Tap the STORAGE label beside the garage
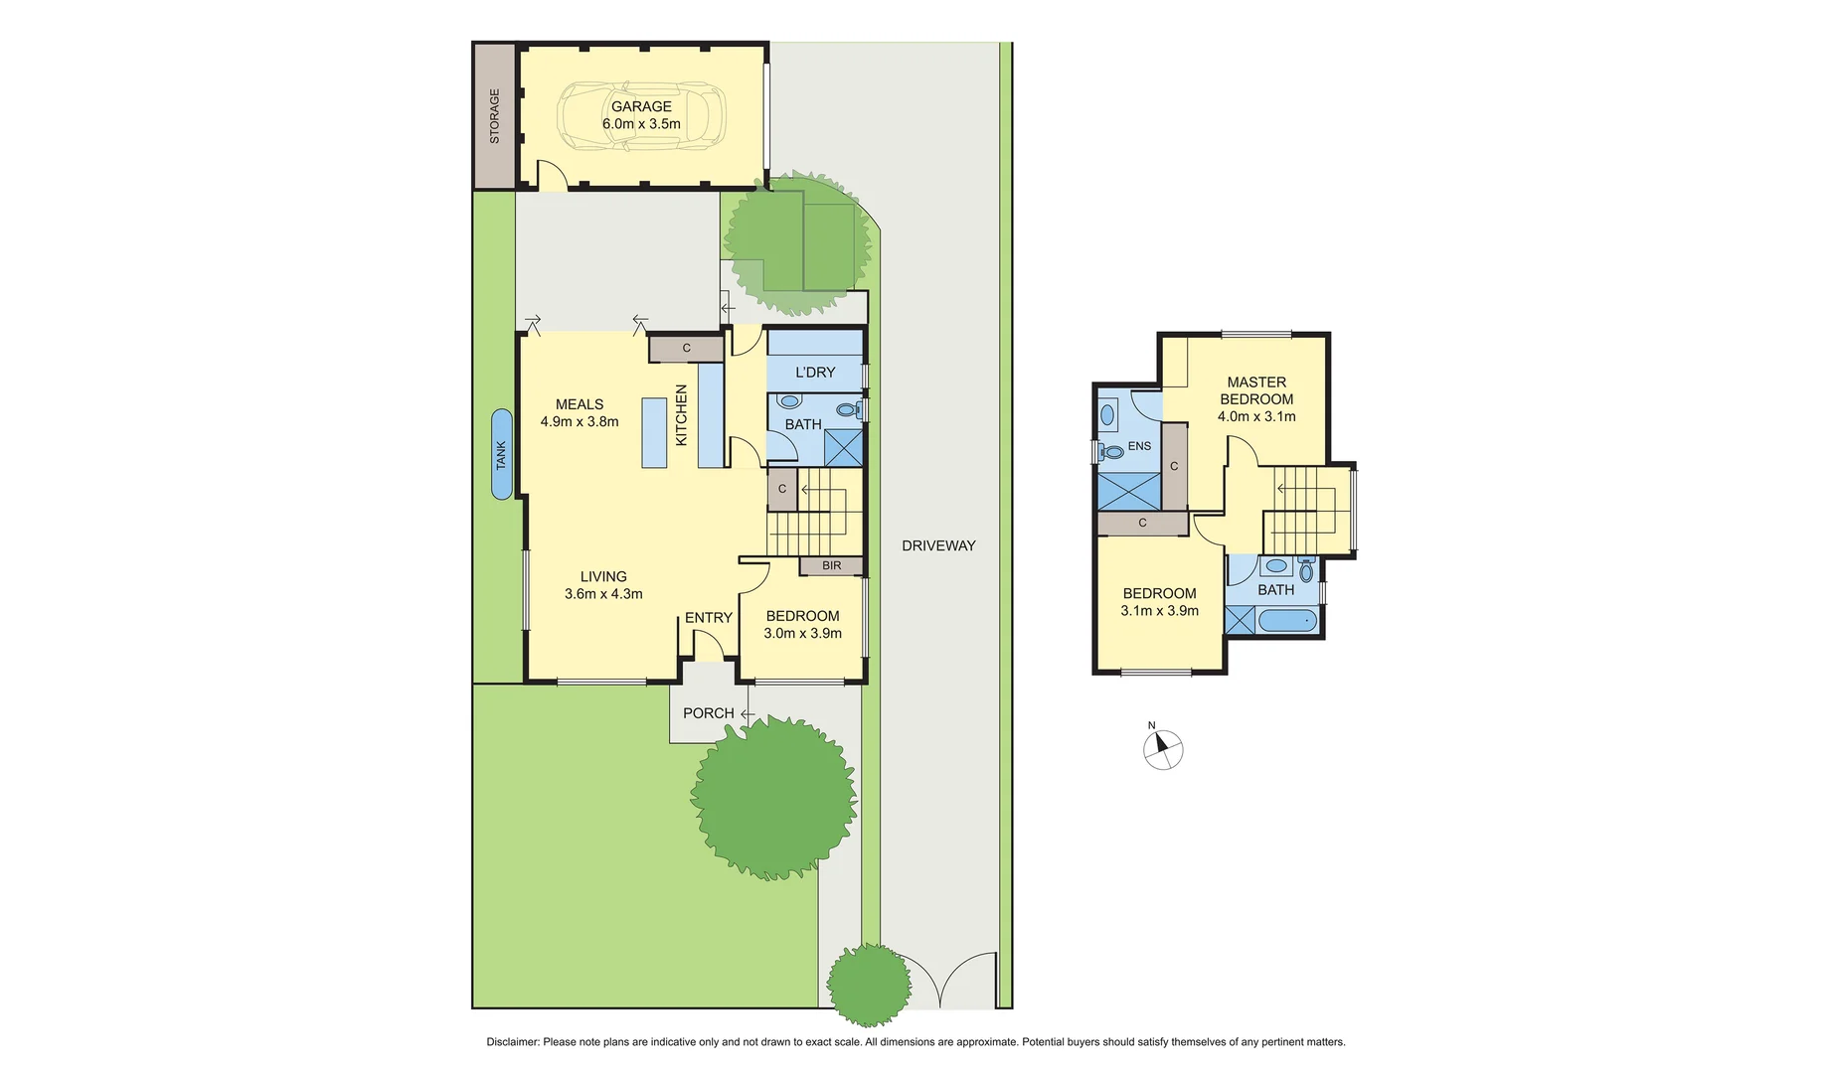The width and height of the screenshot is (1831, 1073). tap(494, 116)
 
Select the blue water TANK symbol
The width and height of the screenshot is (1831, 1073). tap(502, 454)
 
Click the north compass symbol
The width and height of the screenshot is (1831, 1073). tap(1163, 750)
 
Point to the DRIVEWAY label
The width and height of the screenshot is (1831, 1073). tap(938, 545)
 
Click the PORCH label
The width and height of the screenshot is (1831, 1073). tap(708, 713)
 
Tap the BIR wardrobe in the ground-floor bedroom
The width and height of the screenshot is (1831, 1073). tap(832, 565)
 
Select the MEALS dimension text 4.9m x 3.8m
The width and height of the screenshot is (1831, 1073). tap(580, 421)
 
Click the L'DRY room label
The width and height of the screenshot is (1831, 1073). tap(815, 372)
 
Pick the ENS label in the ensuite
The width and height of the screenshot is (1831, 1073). tap(1139, 446)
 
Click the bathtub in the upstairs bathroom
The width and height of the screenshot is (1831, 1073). tap(1287, 623)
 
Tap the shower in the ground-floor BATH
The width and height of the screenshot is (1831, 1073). tap(847, 446)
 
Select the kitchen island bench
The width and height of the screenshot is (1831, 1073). tap(654, 432)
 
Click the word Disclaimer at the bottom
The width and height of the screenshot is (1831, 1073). tap(512, 1042)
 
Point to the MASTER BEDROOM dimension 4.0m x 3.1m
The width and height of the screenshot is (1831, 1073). tap(1256, 416)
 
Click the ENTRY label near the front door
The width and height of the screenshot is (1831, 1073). tap(708, 617)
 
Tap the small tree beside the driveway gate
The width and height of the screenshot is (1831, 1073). tap(869, 984)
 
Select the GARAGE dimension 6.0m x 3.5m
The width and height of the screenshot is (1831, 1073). tap(641, 124)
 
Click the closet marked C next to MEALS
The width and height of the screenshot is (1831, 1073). tap(686, 349)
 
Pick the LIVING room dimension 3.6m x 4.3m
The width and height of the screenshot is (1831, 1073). tap(603, 594)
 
